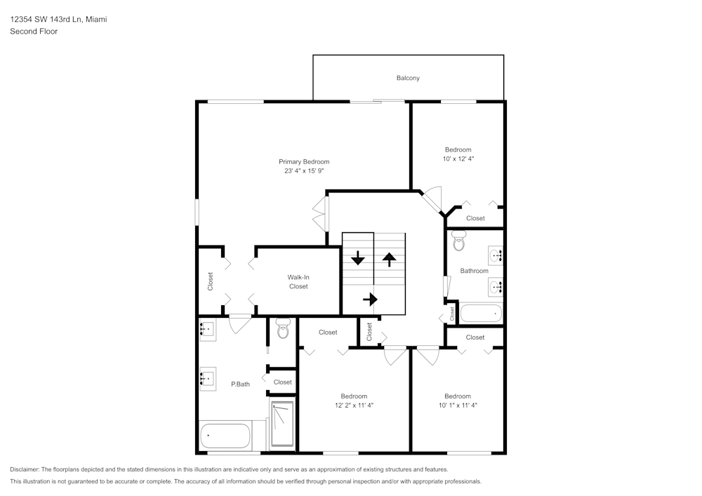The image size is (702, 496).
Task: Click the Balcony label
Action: (408, 78)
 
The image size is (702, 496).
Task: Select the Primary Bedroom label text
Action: (303, 162)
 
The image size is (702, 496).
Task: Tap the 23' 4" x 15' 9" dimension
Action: (303, 170)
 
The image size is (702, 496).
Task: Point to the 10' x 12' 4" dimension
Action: (458, 159)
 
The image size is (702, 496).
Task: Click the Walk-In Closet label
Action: (298, 281)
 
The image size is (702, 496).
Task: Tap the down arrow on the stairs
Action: (358, 257)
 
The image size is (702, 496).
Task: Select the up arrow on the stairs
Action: (389, 257)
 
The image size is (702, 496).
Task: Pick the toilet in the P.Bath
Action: (283, 328)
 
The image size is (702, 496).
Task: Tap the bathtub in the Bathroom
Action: (481, 313)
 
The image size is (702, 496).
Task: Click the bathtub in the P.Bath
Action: (225, 436)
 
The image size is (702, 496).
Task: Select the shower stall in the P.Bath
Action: (282, 423)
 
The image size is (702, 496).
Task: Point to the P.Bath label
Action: (240, 384)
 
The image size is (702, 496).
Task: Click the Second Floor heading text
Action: (34, 32)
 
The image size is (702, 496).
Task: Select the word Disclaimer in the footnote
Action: (25, 469)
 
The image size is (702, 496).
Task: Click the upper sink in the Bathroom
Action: (496, 255)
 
